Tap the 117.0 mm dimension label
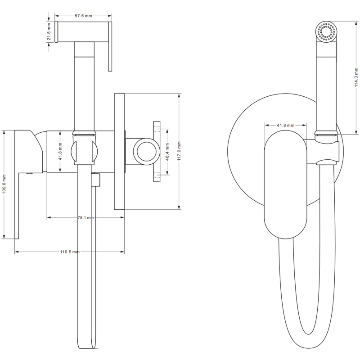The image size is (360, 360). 179,151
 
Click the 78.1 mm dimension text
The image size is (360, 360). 85,217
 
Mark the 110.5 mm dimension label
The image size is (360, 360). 69,252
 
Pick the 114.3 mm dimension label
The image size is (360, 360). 355,77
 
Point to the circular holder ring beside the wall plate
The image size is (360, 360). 145,151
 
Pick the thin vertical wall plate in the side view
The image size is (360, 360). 119,151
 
